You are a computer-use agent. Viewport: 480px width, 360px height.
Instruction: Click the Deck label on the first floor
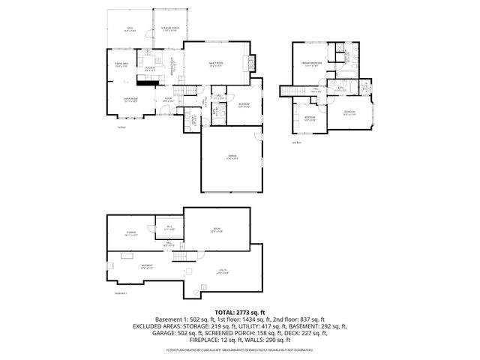point(128,31)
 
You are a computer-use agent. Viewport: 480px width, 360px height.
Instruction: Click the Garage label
point(232,157)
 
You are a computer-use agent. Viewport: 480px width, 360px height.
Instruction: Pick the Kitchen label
point(150,68)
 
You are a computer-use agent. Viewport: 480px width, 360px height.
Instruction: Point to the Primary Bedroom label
point(311,64)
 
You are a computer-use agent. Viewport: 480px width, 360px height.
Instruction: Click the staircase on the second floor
point(289,91)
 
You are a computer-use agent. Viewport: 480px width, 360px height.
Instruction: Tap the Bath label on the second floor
point(340,89)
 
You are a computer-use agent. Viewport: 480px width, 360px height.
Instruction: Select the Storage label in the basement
point(131,233)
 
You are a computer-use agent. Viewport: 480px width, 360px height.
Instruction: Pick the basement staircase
point(178,257)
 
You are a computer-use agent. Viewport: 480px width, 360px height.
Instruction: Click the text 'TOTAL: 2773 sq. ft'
point(239,311)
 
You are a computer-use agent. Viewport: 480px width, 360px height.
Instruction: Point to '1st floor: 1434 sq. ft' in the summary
point(226,319)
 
